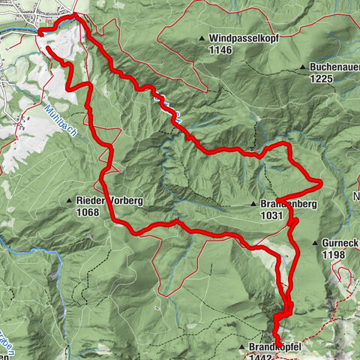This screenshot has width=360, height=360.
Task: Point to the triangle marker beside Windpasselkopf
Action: point(202,38)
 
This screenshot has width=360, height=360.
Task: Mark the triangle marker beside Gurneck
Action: point(313,244)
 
